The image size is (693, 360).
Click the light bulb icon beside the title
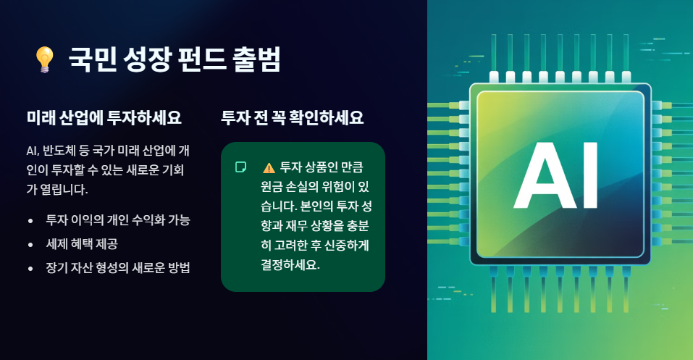(45, 59)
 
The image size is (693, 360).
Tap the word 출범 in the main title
(256, 59)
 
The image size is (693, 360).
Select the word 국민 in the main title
(91, 59)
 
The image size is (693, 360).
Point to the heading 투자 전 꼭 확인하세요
(292, 117)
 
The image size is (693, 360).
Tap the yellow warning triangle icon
(269, 167)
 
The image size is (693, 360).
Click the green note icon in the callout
(241, 167)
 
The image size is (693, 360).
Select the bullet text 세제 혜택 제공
(82, 243)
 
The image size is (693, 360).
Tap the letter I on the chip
(589, 175)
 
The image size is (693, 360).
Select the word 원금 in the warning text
(254, 187)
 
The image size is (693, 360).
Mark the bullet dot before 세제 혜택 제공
(30, 244)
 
